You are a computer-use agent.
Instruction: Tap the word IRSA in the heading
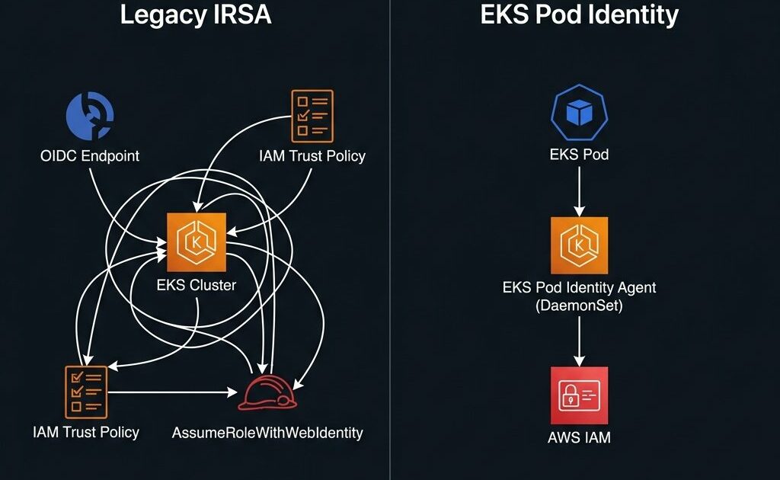(x=243, y=15)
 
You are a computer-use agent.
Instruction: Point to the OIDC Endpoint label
(x=90, y=156)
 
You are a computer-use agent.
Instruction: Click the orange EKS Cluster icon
(x=197, y=242)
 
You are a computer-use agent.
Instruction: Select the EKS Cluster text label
(x=197, y=286)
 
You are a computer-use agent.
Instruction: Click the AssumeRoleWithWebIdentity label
(x=267, y=433)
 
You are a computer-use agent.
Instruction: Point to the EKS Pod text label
(x=579, y=155)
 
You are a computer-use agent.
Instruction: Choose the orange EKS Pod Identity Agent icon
(x=579, y=245)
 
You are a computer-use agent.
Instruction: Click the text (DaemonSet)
(x=579, y=306)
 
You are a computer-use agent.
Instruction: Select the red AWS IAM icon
(x=579, y=395)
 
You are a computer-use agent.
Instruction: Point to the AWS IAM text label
(x=579, y=437)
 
